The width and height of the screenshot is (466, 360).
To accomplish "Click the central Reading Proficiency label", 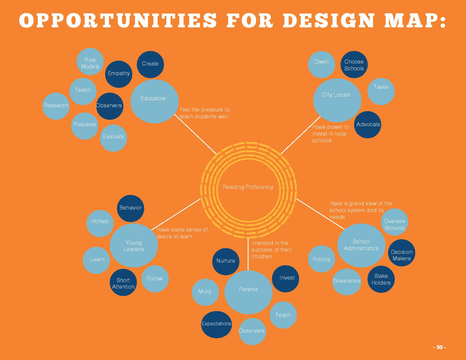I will (x=248, y=187).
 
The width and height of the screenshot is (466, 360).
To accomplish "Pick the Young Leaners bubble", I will (x=134, y=245).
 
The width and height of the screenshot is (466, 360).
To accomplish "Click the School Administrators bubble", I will (x=361, y=245).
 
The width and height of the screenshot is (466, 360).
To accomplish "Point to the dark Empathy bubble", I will (x=119, y=74).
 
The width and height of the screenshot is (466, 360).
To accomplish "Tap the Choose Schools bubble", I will (x=354, y=65).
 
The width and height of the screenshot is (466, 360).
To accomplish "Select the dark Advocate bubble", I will (x=367, y=125).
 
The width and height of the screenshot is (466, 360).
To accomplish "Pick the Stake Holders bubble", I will (x=381, y=279).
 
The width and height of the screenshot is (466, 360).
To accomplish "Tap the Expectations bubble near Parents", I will (x=216, y=324).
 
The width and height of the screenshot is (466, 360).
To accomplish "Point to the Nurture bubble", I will (x=226, y=261).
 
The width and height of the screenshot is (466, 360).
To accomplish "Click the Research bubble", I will (x=56, y=106).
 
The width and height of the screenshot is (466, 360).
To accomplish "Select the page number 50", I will (x=439, y=347).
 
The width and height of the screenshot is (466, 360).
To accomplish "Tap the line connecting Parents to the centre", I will (x=248, y=254).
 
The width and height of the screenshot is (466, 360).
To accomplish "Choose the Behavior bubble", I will (x=130, y=208).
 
